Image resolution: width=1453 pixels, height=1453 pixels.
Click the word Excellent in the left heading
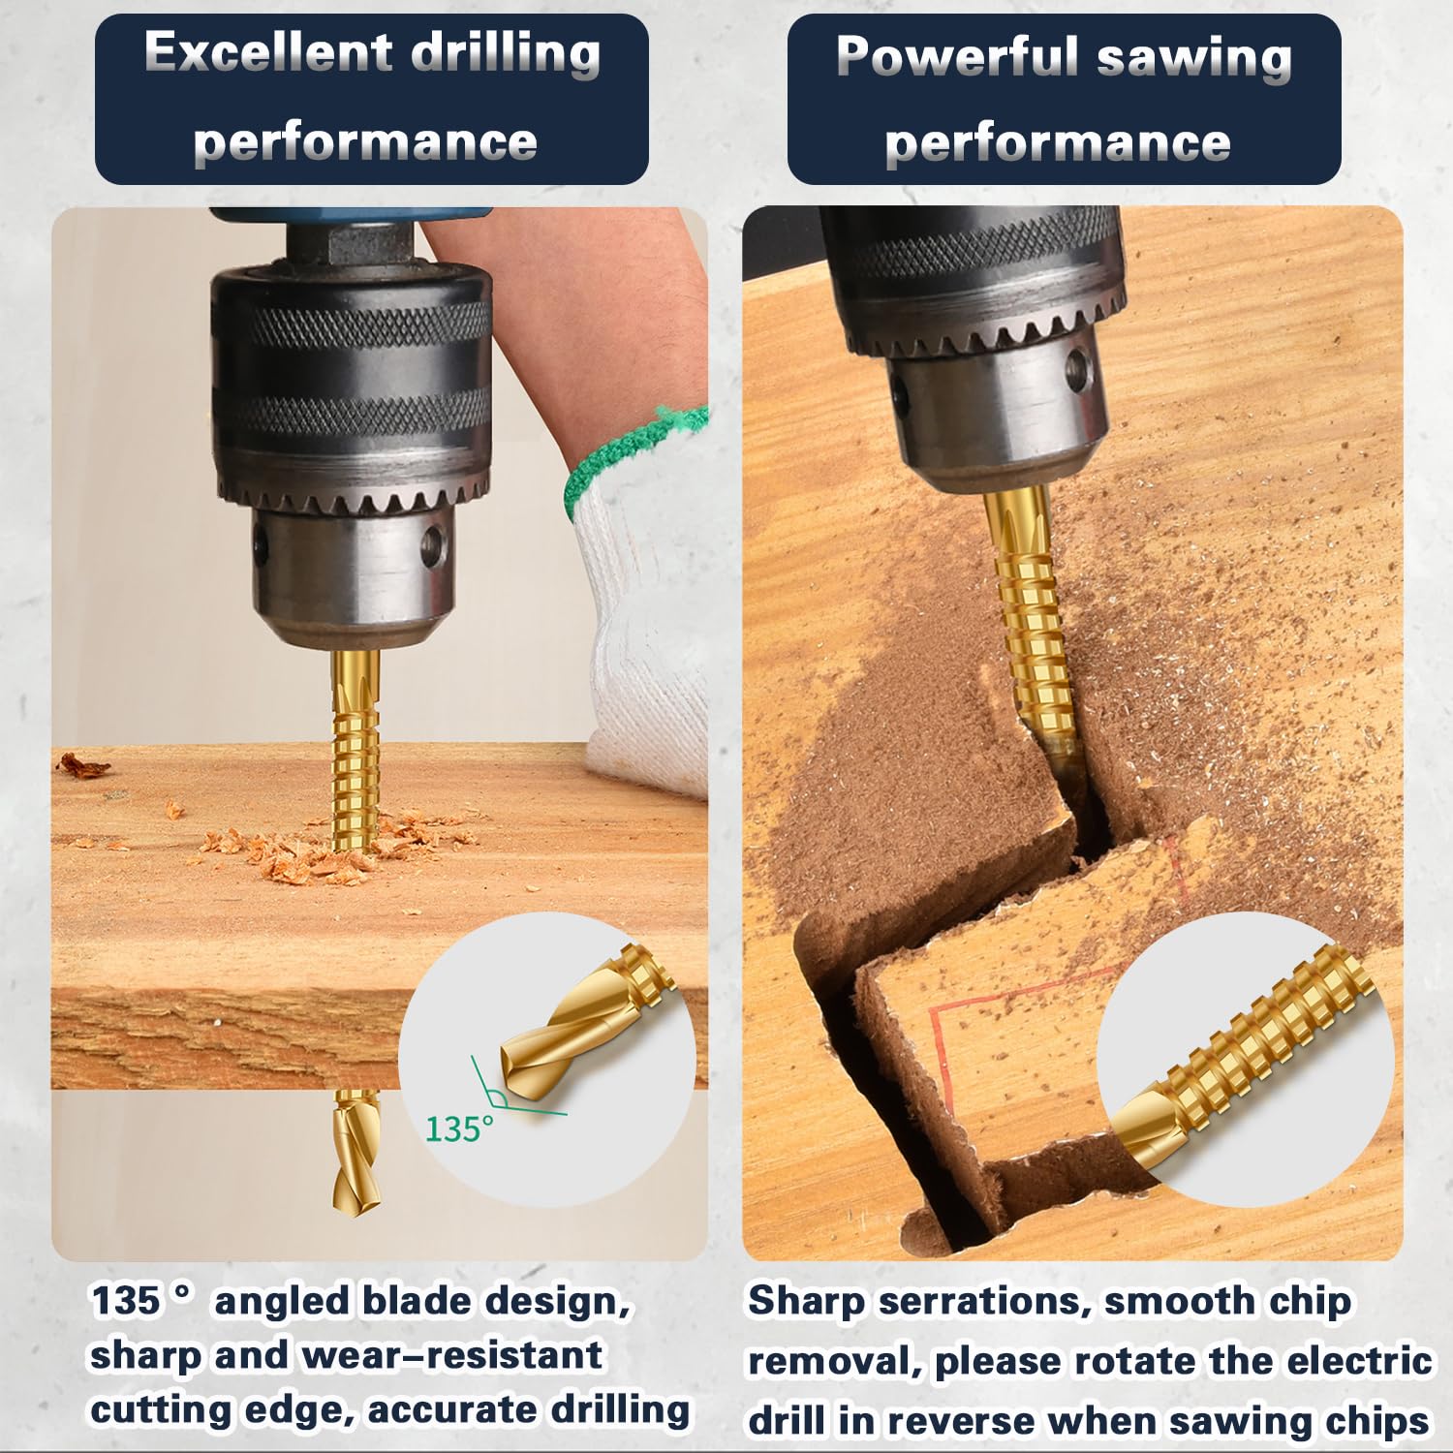(266, 53)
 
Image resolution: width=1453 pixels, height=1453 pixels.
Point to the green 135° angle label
(458, 1128)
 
